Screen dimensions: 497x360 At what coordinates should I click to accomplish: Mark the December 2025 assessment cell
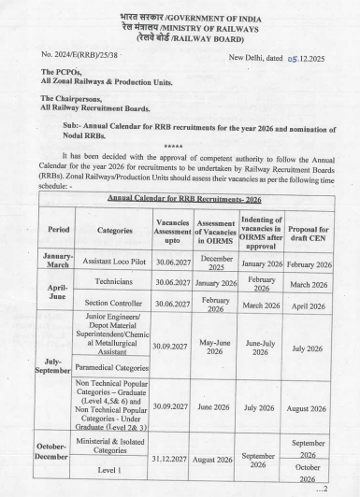[216, 264]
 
